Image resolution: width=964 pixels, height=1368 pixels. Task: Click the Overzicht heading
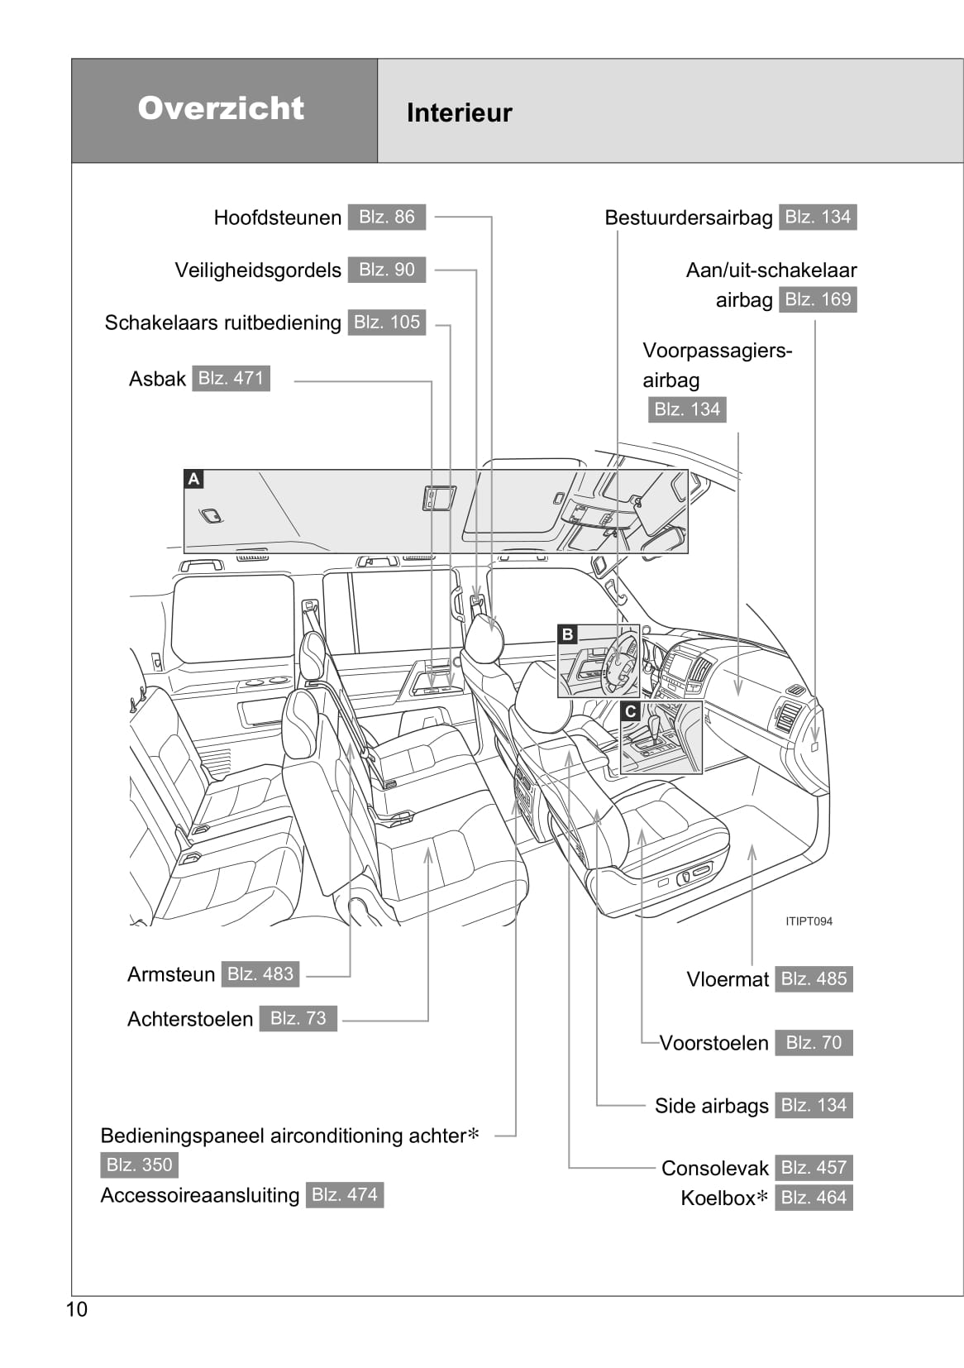pyautogui.click(x=221, y=108)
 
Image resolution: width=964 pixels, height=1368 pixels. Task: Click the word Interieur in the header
pyautogui.click(x=459, y=112)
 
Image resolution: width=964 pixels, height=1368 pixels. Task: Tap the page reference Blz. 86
pyautogui.click(x=386, y=217)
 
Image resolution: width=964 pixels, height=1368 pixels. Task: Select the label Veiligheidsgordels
pyautogui.click(x=257, y=270)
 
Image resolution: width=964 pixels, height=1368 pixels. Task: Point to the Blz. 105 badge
pyautogui.click(x=386, y=323)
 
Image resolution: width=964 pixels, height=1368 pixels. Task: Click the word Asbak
pyautogui.click(x=157, y=379)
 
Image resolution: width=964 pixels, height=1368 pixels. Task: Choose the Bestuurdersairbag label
pyautogui.click(x=688, y=218)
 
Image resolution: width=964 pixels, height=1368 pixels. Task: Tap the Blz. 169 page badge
pyautogui.click(x=817, y=299)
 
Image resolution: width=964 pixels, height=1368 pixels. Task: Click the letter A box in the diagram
pyautogui.click(x=193, y=479)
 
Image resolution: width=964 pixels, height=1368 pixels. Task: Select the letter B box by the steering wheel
pyautogui.click(x=567, y=634)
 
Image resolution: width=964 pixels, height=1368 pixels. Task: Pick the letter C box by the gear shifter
pyautogui.click(x=630, y=711)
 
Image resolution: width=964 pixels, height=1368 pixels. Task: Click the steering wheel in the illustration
pyautogui.click(x=621, y=662)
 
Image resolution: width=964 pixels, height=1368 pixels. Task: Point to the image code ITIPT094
pyautogui.click(x=809, y=921)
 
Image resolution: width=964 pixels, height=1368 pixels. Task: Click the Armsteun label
pyautogui.click(x=171, y=974)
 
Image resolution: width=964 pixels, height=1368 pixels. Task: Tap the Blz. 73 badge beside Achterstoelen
pyautogui.click(x=298, y=1018)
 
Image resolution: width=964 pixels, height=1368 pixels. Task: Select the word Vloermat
pyautogui.click(x=728, y=979)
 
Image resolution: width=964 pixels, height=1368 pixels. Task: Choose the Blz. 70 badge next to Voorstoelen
pyautogui.click(x=813, y=1043)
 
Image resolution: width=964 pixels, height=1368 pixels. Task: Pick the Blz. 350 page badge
pyautogui.click(x=139, y=1165)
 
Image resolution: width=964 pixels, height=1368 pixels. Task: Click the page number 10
pyautogui.click(x=76, y=1309)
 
